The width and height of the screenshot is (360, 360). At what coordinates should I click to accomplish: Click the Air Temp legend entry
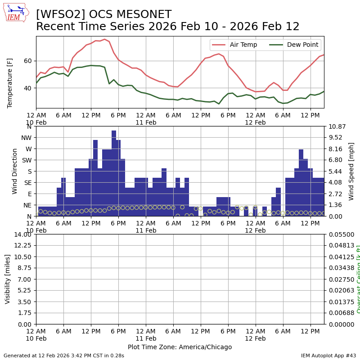click(243, 45)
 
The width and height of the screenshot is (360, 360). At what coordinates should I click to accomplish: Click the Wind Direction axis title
click(15, 171)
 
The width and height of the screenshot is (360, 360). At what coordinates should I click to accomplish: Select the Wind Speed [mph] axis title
click(351, 171)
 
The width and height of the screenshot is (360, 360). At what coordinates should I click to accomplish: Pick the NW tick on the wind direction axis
click(26, 138)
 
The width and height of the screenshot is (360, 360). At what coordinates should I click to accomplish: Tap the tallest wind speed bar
click(114, 173)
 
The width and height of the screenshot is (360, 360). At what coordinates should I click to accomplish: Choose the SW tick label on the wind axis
click(26, 160)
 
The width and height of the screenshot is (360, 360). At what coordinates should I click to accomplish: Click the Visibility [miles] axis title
click(8, 279)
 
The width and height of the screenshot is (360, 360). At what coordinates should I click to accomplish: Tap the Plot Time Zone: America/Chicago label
click(180, 347)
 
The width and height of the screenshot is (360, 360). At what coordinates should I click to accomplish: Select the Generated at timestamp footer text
click(64, 355)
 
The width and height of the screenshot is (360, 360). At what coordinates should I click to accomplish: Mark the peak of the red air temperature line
click(104, 39)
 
